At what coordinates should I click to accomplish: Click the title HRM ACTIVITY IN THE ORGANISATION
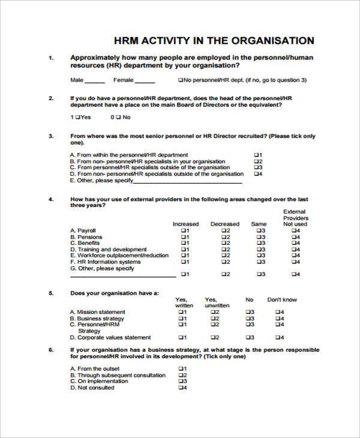[x=214, y=41]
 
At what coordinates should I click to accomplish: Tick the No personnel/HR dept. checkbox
[x=181, y=80]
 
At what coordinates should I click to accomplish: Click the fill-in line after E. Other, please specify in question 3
[x=188, y=181]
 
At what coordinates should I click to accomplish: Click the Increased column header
[x=185, y=224]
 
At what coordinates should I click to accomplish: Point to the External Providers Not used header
[x=295, y=218]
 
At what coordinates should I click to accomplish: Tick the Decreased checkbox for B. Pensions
[x=222, y=237]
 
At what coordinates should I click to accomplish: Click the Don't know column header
[x=281, y=299]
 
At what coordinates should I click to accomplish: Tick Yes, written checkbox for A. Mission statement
[x=179, y=312]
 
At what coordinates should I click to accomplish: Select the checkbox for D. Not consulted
[x=179, y=388]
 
